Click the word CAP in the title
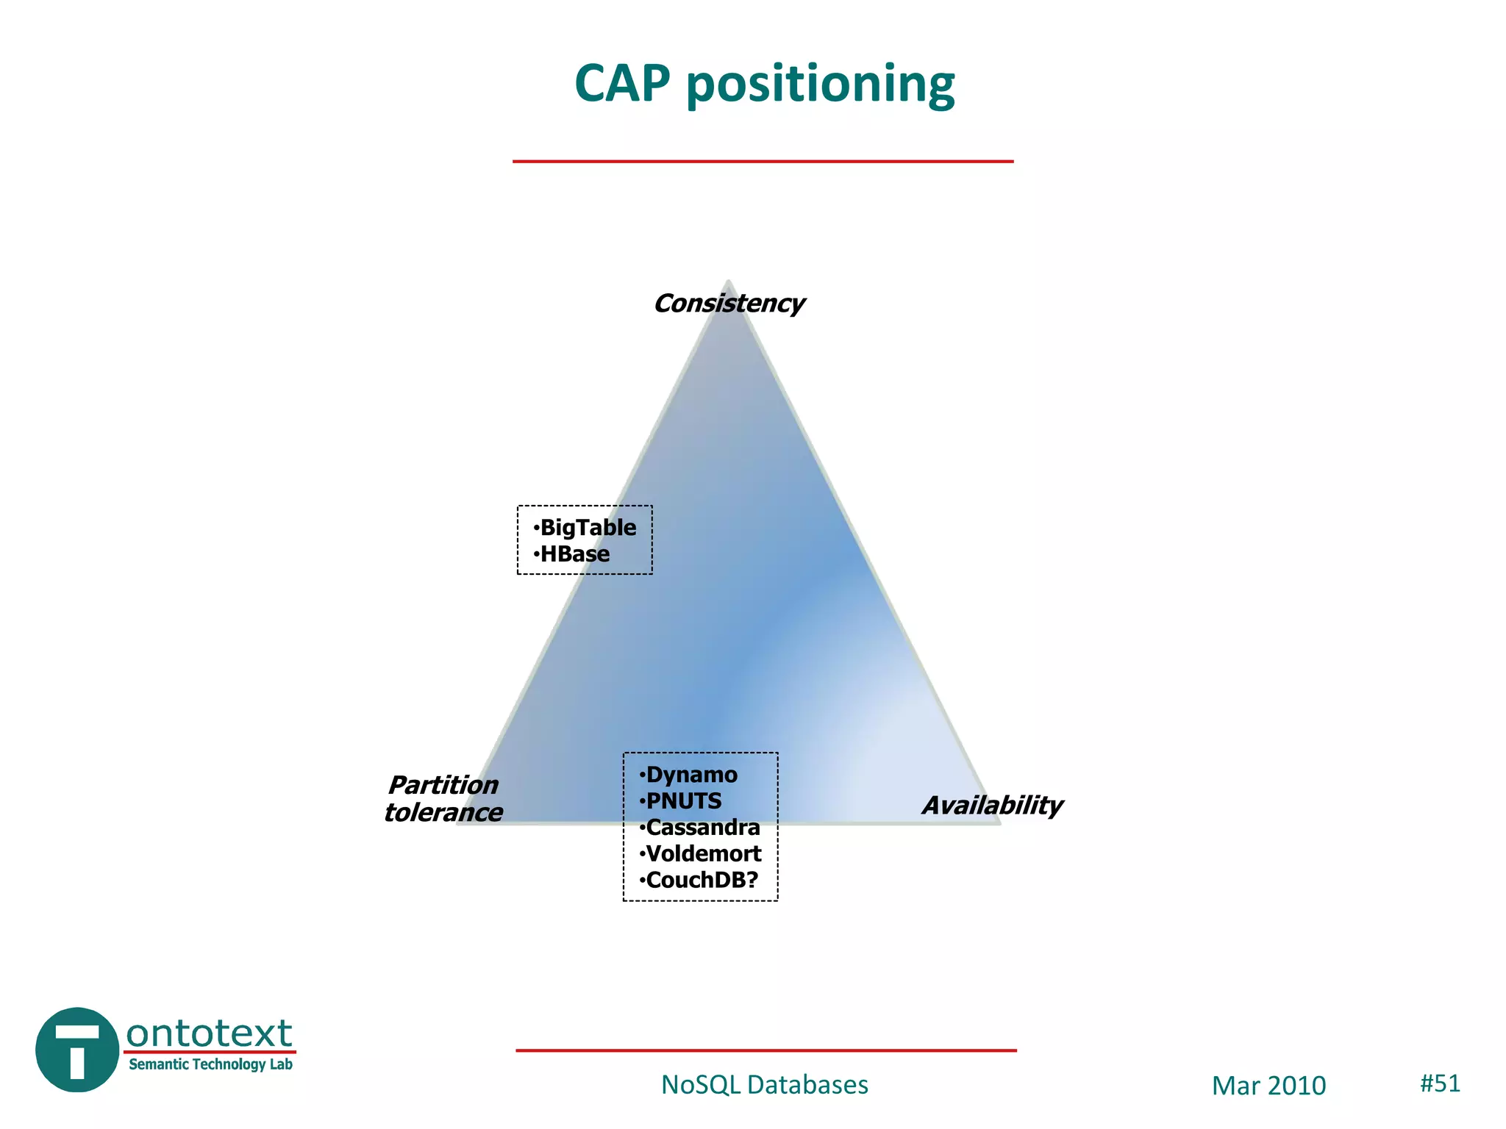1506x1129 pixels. tap(622, 83)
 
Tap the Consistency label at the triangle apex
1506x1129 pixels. tap(729, 304)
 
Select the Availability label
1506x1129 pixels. tap(992, 806)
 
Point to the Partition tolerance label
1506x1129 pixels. tap(443, 799)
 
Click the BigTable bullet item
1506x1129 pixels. tap(587, 528)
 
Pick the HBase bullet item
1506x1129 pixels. tap(574, 554)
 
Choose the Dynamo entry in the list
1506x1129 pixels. tap(690, 775)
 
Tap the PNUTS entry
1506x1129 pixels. tap(683, 801)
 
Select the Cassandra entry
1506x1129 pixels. tap(702, 828)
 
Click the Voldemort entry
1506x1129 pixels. tap(702, 854)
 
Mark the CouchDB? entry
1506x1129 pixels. tap(701, 881)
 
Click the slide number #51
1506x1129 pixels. tap(1440, 1083)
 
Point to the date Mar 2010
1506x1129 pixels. tap(1268, 1086)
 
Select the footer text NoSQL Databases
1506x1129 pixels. tap(764, 1085)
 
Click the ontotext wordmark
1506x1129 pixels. tap(210, 1033)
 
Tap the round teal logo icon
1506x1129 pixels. tap(77, 1050)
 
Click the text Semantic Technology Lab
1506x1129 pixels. tap(210, 1064)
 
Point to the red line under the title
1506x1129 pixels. tap(763, 161)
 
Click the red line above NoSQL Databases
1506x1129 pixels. tap(766, 1050)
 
